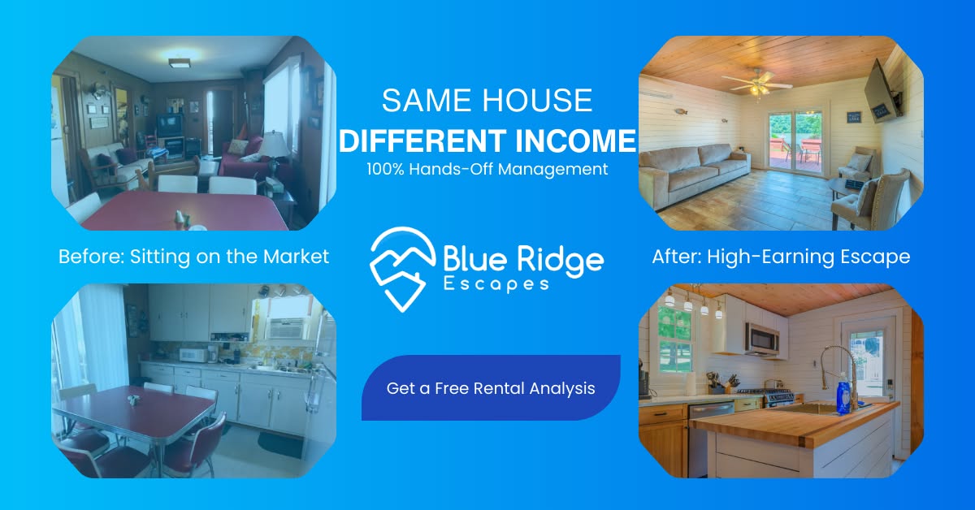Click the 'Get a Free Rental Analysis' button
point(491,388)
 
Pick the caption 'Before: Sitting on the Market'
point(193,257)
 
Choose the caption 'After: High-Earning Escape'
point(781,257)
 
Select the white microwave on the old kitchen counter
point(193,354)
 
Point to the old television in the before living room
point(169,125)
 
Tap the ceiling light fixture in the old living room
point(179,63)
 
